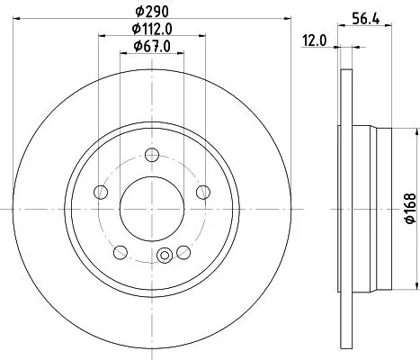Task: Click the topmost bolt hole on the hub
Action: [x=152, y=154]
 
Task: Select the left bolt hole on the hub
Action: [x=102, y=191]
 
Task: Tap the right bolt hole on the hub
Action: [x=202, y=191]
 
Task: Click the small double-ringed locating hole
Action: [x=164, y=256]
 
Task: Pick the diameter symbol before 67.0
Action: [x=137, y=46]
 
